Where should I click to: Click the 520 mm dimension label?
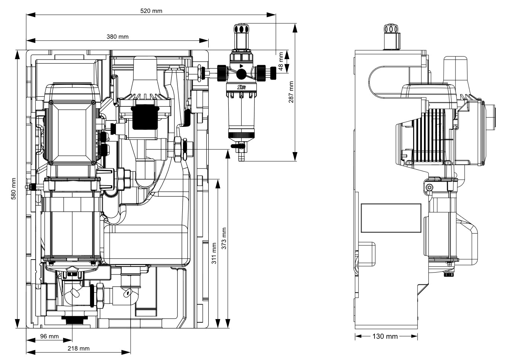point(151,11)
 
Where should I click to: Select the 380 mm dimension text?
point(117,36)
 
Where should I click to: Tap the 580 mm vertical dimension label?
point(13,189)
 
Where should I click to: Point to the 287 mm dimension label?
point(291,92)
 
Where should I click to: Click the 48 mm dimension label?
point(281,61)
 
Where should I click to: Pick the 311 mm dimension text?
point(214,253)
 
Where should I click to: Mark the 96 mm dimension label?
point(49,336)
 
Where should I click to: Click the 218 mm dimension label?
point(78,348)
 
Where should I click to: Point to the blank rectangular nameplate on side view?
point(391,218)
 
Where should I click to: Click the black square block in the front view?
point(143,117)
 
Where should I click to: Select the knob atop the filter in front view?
point(241,30)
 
